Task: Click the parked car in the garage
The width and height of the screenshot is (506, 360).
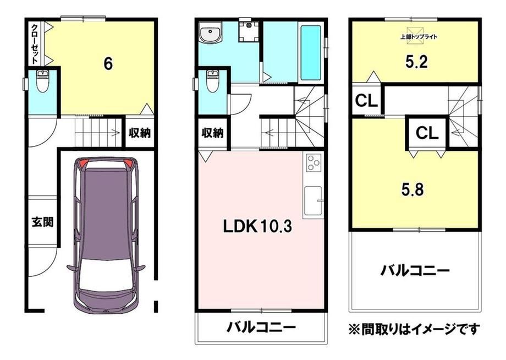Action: click(106, 234)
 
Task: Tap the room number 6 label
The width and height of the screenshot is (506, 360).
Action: click(108, 64)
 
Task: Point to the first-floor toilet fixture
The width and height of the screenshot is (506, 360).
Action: click(42, 81)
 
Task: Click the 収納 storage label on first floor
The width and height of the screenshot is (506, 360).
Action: click(140, 132)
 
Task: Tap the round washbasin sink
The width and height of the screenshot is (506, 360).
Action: click(210, 32)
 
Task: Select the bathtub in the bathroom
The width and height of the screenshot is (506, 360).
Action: click(311, 53)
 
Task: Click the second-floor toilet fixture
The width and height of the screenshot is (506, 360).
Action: click(212, 81)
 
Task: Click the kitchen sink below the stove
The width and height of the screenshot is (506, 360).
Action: click(313, 201)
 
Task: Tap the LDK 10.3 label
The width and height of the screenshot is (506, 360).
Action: click(257, 227)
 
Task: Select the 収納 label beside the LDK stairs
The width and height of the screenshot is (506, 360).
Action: click(213, 132)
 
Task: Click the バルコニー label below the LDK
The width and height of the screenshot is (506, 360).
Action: click(261, 328)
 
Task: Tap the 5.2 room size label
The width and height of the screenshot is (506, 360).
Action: click(416, 61)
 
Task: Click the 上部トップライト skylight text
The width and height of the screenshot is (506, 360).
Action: click(419, 37)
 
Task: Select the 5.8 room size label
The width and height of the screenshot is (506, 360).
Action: click(413, 189)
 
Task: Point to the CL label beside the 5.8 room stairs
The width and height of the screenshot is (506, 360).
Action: click(427, 132)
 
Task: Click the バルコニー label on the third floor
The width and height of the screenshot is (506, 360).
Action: click(415, 271)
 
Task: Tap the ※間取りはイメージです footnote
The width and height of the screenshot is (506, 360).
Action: click(414, 329)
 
